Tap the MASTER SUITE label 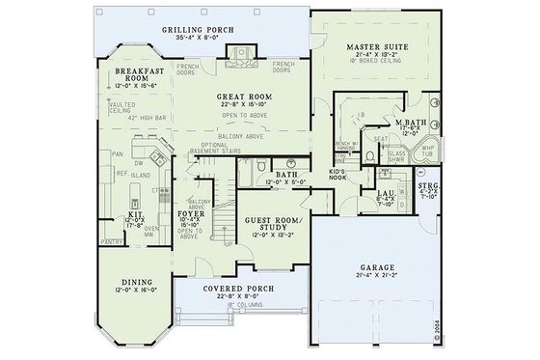coord(370,45)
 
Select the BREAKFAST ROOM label coord(136,75)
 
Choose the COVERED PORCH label coord(230,289)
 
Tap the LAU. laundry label coord(383,194)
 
